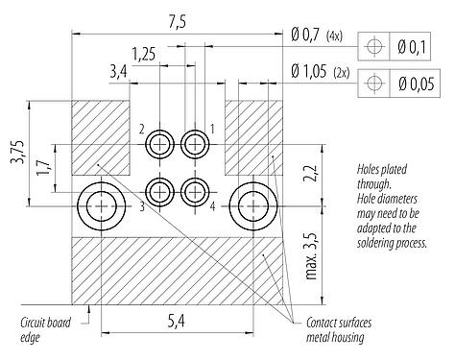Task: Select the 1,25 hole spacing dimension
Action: [144, 54]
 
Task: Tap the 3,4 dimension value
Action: [119, 71]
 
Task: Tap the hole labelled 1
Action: [195, 145]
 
